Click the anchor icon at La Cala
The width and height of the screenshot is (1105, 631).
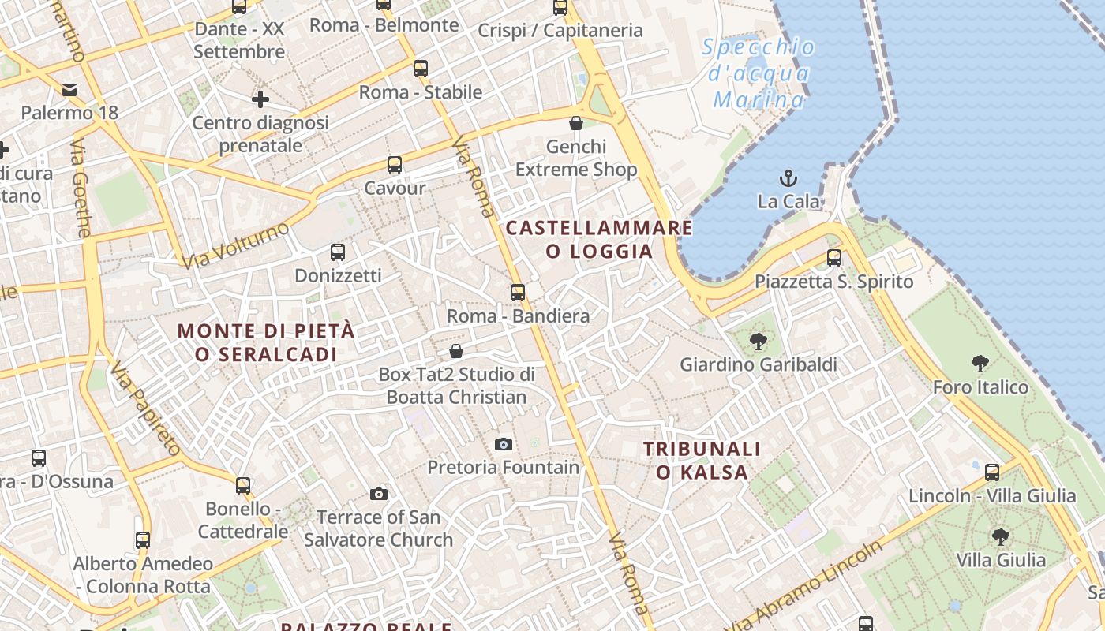coord(788,177)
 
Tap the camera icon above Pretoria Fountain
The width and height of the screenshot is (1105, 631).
coord(504,445)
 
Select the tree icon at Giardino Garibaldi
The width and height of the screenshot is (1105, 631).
coord(759,342)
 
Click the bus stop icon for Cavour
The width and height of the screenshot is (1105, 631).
coord(395,165)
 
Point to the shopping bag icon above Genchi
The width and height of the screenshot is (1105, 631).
coord(576,123)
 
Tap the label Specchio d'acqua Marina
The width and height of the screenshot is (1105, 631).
coord(759,73)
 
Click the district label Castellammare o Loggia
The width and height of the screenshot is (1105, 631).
coord(599,240)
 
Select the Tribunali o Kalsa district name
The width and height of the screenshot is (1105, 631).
coord(702,461)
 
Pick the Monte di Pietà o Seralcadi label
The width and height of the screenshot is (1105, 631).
coord(266,342)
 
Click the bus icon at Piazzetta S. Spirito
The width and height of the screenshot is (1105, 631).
coord(834,257)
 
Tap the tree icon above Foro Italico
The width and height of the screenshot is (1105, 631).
coord(980,364)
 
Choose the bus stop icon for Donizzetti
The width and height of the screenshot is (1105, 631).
coord(338,252)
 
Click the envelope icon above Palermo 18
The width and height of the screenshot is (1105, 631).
coord(70,89)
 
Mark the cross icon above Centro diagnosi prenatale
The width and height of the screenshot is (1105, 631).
coord(260,99)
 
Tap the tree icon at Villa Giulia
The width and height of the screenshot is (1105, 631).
coord(1001,537)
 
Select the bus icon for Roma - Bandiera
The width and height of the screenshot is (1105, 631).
coord(518,293)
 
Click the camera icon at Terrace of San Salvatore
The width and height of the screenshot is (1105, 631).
coord(379,495)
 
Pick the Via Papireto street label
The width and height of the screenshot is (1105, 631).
coord(146,409)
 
